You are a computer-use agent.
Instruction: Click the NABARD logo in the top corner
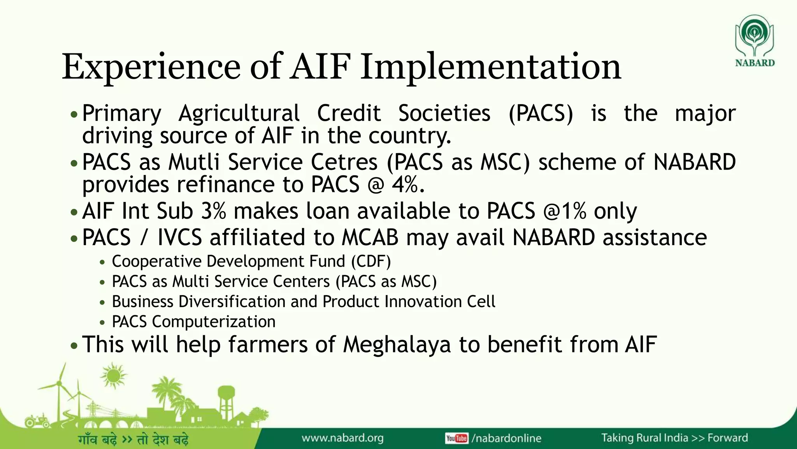754,41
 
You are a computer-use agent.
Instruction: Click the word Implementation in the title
490,67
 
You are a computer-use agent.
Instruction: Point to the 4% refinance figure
407,185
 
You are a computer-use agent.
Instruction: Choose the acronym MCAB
370,238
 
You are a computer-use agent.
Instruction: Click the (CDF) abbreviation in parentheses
370,262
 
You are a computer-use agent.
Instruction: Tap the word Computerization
213,322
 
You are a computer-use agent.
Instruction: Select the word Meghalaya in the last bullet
397,345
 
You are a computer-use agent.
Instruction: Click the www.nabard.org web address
342,438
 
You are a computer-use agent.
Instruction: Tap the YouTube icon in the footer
456,438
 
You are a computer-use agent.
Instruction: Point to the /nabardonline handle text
506,438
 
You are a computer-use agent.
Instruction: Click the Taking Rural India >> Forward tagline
674,438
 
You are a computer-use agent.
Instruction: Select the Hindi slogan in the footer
133,440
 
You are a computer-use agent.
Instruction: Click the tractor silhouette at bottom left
37,421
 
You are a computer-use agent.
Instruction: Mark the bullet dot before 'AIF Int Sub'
74,213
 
